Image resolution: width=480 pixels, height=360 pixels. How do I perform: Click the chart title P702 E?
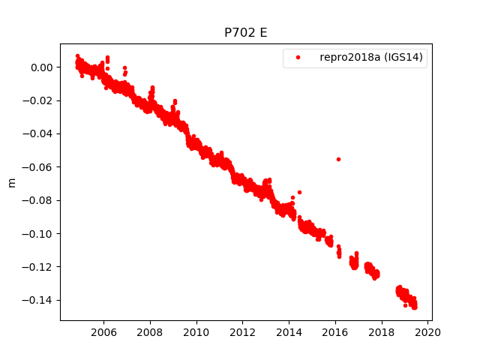coord(246,33)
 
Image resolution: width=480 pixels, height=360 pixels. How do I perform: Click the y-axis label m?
coord(11,182)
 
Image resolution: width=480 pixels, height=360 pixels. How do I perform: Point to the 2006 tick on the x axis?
coord(103,332)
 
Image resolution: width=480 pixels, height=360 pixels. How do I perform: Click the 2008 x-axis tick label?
coord(150,332)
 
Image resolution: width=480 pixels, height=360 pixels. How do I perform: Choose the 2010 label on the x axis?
coord(196,332)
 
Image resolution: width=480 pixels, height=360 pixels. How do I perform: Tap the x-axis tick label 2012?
coord(243,332)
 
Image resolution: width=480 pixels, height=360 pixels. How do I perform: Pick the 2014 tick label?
coord(289,332)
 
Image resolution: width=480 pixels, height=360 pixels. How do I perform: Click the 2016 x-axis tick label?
coord(335,332)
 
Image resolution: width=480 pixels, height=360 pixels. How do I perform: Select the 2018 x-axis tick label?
coord(382,332)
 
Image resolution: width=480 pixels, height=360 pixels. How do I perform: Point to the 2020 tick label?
coord(428,332)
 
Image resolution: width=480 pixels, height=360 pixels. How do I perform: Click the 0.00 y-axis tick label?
coord(43,67)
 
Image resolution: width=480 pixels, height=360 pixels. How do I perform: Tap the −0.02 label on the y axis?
coord(39,100)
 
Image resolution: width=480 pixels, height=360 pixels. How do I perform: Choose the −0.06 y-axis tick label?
coord(39,167)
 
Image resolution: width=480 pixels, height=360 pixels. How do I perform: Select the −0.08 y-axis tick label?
coord(39,200)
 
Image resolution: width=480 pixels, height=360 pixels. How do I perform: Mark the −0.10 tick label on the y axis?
coord(39,233)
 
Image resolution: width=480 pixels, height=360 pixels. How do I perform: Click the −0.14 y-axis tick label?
coord(39,300)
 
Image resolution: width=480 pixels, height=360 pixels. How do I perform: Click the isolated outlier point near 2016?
coord(338,159)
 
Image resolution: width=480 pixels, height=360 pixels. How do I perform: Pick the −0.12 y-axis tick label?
coord(39,267)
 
